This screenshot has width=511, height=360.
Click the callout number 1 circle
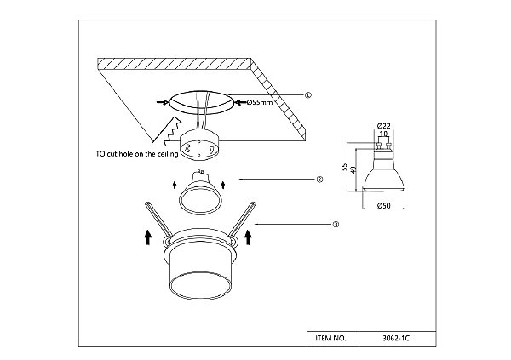tap(308, 95)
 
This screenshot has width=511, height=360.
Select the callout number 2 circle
tap(319, 180)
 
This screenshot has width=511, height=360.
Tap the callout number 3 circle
tap(336, 225)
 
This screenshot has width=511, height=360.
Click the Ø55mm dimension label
tap(260, 102)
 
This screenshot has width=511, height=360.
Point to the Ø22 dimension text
tap(383, 126)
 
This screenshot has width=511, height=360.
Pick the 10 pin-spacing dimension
tap(383, 134)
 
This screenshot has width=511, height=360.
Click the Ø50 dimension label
tap(383, 206)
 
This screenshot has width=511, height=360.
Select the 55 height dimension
tap(344, 167)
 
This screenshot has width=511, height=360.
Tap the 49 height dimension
tap(353, 170)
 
